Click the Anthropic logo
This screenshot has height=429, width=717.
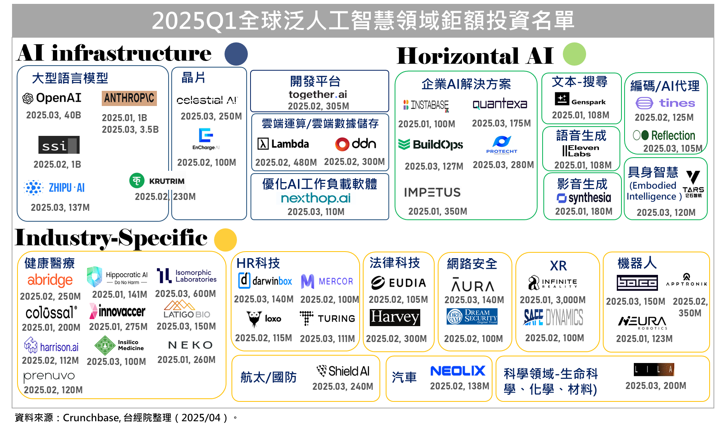tap(129, 98)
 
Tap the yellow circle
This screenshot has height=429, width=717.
tap(225, 240)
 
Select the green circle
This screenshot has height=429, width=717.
tap(574, 54)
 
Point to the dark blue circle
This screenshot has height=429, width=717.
tap(236, 54)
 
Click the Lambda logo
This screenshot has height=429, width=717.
tap(283, 144)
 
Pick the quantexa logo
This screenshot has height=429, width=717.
tap(499, 105)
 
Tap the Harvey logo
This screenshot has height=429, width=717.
tap(395, 317)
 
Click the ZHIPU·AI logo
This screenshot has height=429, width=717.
tap(56, 188)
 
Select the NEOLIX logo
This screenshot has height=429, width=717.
tap(458, 371)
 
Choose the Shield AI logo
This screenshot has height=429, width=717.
tap(343, 371)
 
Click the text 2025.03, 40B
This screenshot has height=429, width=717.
tap(54, 115)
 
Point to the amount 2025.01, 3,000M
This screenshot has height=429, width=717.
tap(553, 300)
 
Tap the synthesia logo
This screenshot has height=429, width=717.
tap(584, 198)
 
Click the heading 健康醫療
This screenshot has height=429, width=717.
tap(50, 263)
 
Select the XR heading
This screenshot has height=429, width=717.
tap(558, 266)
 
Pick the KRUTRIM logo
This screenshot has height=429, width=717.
tap(157, 181)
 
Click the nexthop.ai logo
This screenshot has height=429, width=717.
tap(316, 198)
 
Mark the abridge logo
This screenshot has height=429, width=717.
tap(50, 280)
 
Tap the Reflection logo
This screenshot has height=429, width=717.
tap(665, 135)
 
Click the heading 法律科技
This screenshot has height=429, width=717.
tap(395, 263)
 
